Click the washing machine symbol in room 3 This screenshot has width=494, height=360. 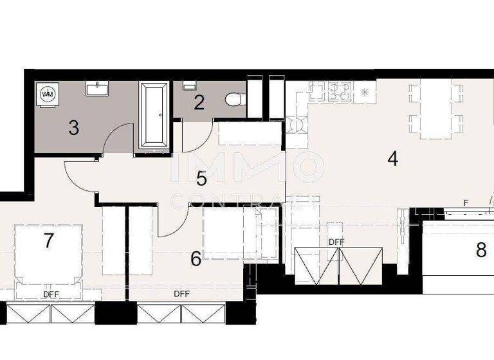[x=48, y=94]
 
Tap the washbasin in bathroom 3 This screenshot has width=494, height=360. [x=98, y=87]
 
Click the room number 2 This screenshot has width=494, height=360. [x=199, y=103]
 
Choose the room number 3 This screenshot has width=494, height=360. [x=74, y=128]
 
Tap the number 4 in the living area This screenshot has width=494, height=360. [x=393, y=159]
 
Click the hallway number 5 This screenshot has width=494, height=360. [x=201, y=177]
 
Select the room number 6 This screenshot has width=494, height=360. [x=196, y=259]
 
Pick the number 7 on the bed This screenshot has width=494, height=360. [x=48, y=241]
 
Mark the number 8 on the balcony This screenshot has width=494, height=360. [x=481, y=250]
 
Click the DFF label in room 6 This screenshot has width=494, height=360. [x=181, y=294]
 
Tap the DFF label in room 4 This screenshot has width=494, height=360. [x=336, y=242]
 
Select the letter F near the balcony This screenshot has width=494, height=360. [x=466, y=203]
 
